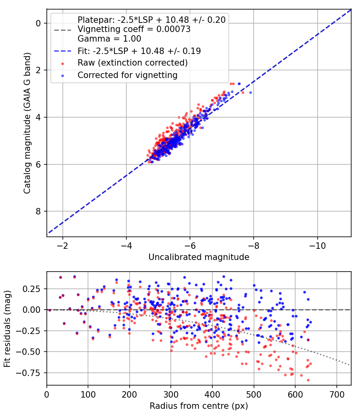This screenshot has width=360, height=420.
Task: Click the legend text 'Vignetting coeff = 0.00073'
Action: (134, 29)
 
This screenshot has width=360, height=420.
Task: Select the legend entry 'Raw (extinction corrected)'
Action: (132, 63)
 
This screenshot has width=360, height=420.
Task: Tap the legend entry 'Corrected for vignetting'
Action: (128, 75)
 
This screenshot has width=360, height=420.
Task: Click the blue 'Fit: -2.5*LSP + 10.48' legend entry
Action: (139, 51)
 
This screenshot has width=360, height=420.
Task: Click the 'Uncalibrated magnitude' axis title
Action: (199, 257)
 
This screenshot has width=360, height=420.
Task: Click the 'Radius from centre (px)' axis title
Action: (199, 406)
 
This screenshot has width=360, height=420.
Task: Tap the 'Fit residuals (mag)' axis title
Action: (7, 328)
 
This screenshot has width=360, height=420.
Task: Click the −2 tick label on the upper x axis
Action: (62, 244)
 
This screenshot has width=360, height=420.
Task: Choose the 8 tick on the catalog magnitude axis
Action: (38, 211)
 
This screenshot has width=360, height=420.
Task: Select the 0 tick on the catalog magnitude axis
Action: (38, 23)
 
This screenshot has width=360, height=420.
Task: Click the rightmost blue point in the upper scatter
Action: (250, 92)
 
